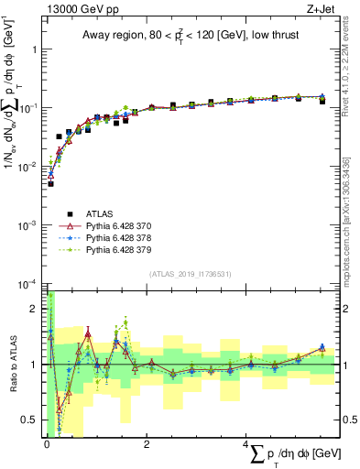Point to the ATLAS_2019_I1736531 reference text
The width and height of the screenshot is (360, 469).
[x=188, y=274]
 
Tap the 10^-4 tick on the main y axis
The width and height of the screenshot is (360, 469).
[x=27, y=283]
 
